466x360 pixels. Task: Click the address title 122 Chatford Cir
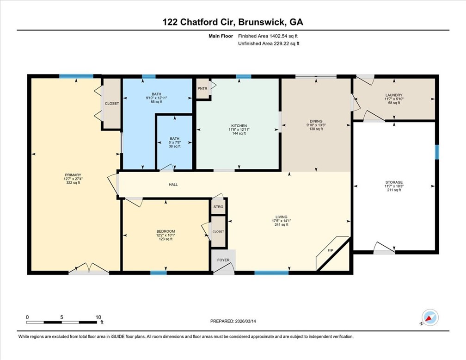click(233, 22)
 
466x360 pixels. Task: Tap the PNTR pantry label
click(202, 88)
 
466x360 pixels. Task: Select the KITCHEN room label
click(239, 126)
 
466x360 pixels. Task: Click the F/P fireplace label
click(331, 250)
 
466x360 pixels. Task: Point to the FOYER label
click(224, 260)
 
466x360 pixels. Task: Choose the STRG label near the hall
click(218, 207)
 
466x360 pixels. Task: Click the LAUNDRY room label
click(393, 95)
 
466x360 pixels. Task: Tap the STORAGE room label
click(394, 182)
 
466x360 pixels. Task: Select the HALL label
click(173, 184)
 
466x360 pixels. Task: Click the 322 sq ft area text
click(73, 183)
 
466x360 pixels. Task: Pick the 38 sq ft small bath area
click(174, 146)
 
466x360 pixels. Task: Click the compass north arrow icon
click(430, 318)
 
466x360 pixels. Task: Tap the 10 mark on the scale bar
click(98, 317)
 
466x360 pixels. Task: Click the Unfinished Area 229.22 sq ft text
click(269, 43)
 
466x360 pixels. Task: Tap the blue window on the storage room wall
click(436, 151)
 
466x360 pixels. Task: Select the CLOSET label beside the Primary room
click(111, 104)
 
